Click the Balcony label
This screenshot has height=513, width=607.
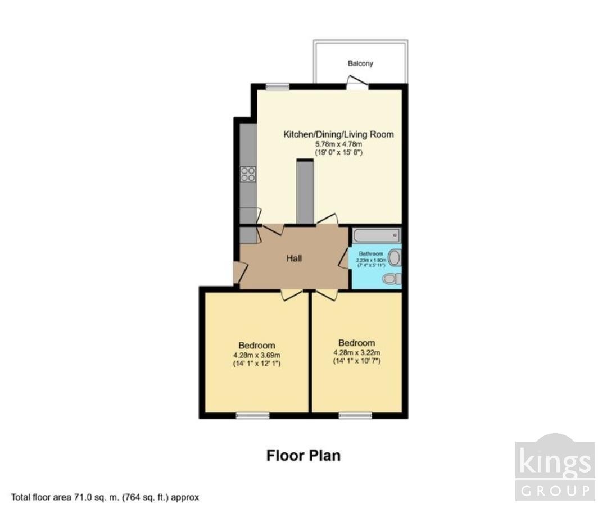pos(360,63)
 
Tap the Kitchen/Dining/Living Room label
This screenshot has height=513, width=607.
pos(338,134)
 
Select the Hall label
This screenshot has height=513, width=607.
pos(294,258)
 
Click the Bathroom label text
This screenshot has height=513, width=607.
pos(371,254)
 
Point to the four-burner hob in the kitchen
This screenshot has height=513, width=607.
pos(248,175)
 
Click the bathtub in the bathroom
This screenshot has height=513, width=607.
pos(376,235)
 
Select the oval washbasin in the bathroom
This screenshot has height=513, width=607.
pos(395,258)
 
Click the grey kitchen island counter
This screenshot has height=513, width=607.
pos(305,192)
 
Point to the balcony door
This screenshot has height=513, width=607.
pos(357,85)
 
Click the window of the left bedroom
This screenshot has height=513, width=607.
pos(252,415)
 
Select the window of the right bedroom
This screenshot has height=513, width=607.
pos(355,415)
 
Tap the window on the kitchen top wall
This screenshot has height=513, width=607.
pos(278,86)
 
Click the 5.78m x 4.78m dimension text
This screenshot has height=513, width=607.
pos(338,144)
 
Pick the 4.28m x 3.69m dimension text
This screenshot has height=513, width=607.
pos(256,355)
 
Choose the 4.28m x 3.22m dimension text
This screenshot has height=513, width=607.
pos(356,352)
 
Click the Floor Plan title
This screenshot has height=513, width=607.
pos(303,455)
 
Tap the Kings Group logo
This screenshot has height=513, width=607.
pos(555,467)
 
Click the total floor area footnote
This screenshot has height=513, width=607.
pos(105,497)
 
